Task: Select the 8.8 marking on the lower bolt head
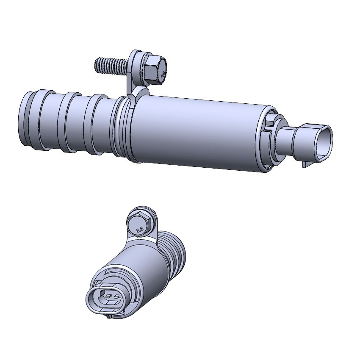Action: coord(138,229)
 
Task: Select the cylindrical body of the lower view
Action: coord(140,271)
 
